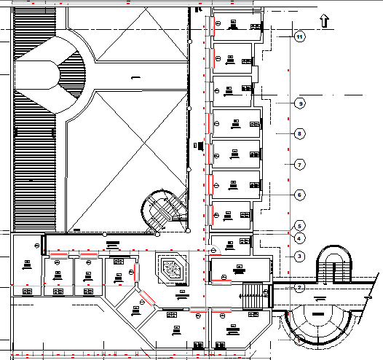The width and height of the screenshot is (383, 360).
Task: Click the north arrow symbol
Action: pyautogui.click(x=325, y=20)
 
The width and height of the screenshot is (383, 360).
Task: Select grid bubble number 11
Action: pyautogui.click(x=299, y=35)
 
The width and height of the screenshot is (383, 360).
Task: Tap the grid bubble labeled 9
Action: pyautogui.click(x=299, y=104)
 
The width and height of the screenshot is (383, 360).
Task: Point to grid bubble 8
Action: pyautogui.click(x=299, y=133)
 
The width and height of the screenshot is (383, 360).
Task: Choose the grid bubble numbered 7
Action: pyautogui.click(x=299, y=165)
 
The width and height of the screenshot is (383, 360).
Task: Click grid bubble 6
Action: pyautogui.click(x=299, y=195)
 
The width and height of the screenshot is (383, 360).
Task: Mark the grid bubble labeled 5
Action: pyautogui.click(x=299, y=225)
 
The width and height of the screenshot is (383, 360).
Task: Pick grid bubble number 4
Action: pyautogui.click(x=299, y=238)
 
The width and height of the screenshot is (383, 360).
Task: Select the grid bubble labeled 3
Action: pyautogui.click(x=299, y=256)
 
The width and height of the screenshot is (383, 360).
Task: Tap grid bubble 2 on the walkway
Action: pyautogui.click(x=299, y=287)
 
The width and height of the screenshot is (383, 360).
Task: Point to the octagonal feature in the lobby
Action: pyautogui.click(x=172, y=269)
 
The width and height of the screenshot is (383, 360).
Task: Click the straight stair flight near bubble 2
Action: pyautogui.click(x=252, y=297)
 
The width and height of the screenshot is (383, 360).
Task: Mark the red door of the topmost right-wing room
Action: pyautogui.click(x=208, y=26)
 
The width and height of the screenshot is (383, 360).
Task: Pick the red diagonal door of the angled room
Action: pyautogui.click(x=147, y=297)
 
